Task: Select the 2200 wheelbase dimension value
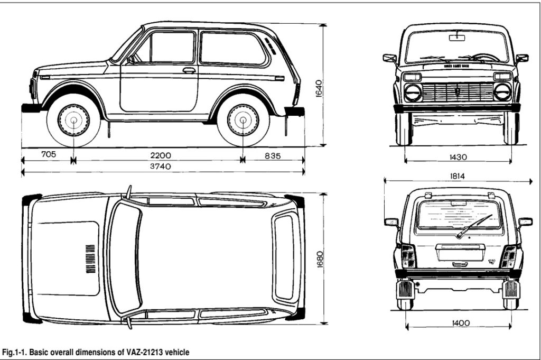[x=160, y=155]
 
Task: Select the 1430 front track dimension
[x=457, y=157]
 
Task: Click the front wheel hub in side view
[x=73, y=121]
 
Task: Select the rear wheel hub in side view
[x=243, y=121]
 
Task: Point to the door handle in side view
[x=189, y=70]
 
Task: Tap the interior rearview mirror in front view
[x=456, y=38]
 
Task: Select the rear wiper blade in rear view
[x=474, y=226]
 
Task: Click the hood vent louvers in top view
[x=90, y=259]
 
